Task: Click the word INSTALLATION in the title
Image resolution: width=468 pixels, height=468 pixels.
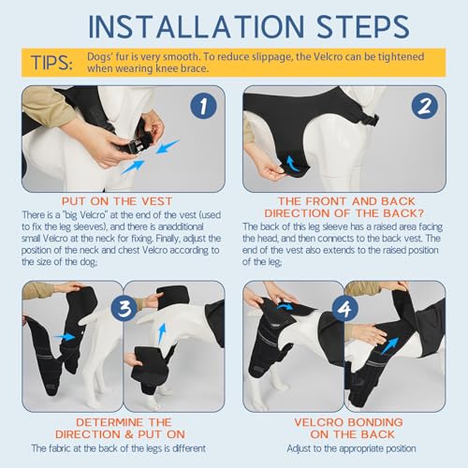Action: pos(197,26)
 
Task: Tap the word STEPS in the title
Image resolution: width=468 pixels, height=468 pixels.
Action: pos(362,26)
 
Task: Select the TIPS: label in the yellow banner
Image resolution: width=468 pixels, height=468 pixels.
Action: pos(51,63)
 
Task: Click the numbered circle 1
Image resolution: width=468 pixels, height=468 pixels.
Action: pos(203,106)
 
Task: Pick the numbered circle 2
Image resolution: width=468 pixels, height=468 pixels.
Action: pos(425,106)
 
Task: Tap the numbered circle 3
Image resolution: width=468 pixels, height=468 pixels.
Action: pos(124,308)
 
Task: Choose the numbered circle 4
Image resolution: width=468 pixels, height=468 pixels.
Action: pos(345,308)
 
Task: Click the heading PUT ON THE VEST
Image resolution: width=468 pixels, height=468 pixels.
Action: pos(117,201)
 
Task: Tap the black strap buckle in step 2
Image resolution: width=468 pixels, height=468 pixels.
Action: pos(371,119)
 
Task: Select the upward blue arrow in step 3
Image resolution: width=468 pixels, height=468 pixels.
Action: pos(162,333)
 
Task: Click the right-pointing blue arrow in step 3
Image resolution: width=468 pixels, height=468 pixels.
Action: pos(65,337)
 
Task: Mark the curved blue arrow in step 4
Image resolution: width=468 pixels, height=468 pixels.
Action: pos(285,307)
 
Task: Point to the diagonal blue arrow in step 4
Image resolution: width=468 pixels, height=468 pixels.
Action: pos(390,345)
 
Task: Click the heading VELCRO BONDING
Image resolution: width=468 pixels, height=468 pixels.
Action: pos(348,422)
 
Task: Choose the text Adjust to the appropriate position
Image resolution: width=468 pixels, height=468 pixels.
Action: pos(351,448)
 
